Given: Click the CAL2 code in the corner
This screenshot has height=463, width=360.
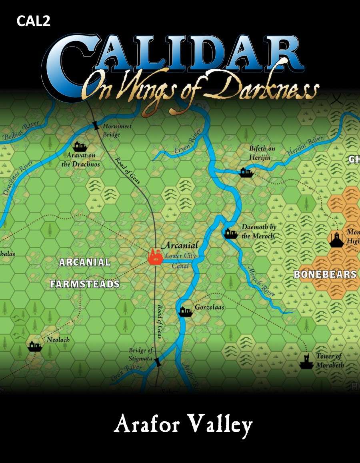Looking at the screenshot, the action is coord(34,22).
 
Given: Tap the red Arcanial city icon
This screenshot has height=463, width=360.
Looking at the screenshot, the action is coord(154,256).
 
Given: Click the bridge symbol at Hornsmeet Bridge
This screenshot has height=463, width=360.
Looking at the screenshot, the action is coord(96,125).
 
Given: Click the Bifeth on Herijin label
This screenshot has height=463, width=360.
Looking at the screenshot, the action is coord(262,153).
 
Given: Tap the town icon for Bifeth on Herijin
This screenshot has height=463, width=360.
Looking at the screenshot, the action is coord(246,172).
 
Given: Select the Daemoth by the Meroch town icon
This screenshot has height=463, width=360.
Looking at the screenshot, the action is coord(231,233).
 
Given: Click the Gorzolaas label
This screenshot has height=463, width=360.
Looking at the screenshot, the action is coord(209,307).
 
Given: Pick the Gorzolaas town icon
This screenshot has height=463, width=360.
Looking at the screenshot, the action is coord(186,311).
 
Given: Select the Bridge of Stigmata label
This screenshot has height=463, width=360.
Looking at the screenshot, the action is coord(140,354).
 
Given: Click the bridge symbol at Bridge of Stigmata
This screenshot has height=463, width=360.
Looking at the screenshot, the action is coord(158,362).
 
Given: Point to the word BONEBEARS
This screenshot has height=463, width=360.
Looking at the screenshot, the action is coord(325,275).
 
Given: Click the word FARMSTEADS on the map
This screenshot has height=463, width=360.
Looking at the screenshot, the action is coord(84,284).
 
